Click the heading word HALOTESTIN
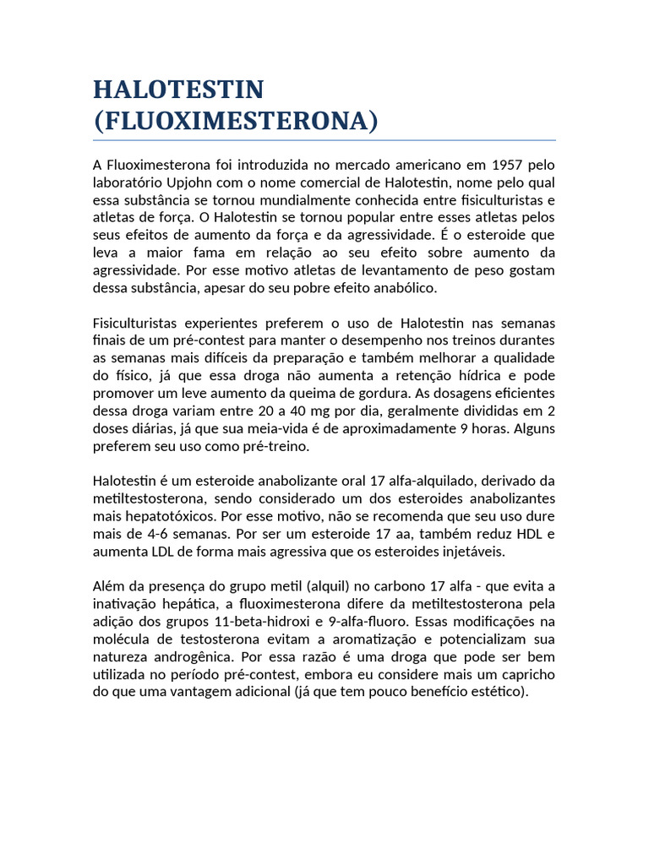[178, 90]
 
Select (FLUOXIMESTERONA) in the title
[236, 121]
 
